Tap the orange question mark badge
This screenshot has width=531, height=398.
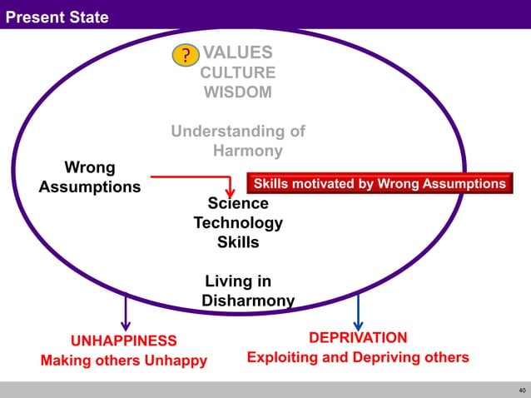tap(186, 56)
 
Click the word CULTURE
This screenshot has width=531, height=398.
tap(238, 73)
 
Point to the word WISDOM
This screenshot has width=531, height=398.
tap(238, 92)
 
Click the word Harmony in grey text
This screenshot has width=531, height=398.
tap(248, 151)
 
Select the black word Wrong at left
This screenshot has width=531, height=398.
tap(90, 167)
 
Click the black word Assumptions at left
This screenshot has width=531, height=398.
tap(90, 187)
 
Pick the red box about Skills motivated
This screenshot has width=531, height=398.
tap(379, 183)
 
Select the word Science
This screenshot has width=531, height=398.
tap(238, 204)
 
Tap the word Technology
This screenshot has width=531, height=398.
tap(238, 223)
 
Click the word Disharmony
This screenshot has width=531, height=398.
tap(248, 300)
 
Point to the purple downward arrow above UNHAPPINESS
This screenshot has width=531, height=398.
tap(126, 315)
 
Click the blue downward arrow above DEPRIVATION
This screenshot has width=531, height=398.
tap(358, 313)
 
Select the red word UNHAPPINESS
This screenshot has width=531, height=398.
tap(123, 341)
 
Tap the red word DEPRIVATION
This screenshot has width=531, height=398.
tap(358, 338)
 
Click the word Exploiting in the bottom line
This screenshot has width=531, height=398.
tap(283, 358)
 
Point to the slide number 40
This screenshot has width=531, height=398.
tap(522, 390)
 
